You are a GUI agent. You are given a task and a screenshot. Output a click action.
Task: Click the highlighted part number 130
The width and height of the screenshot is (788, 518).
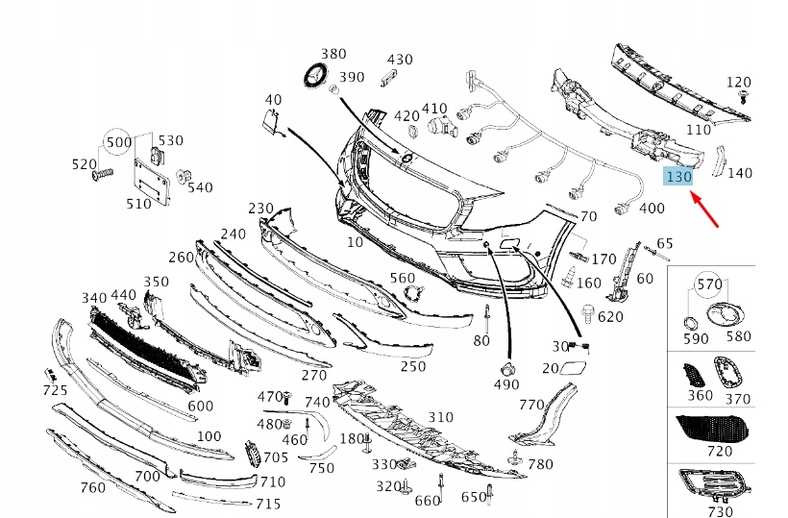tap(678, 177)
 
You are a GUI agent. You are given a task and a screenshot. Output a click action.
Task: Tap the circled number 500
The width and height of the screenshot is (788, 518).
tap(119, 142)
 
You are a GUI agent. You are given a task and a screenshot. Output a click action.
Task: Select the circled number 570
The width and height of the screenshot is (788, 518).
tap(708, 284)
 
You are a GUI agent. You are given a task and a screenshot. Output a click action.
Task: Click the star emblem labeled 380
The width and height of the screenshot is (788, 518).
tap(315, 79)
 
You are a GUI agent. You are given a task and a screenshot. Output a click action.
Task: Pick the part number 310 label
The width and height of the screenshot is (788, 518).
tap(440, 416)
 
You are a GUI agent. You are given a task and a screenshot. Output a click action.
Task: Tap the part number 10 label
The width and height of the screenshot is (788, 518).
tap(355, 241)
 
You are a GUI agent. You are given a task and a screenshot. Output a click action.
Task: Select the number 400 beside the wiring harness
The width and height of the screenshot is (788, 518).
tap(652, 208)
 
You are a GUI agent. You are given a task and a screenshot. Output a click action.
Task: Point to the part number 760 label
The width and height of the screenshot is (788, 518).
tap(92, 487)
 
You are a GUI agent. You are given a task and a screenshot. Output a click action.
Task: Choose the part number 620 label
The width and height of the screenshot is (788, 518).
tap(609, 316)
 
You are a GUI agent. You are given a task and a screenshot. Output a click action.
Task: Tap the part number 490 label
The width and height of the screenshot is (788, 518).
tap(505, 384)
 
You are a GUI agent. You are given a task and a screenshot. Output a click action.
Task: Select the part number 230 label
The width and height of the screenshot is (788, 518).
tap(260, 208)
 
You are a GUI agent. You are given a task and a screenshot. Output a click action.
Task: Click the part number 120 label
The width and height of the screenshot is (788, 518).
tap(738, 82)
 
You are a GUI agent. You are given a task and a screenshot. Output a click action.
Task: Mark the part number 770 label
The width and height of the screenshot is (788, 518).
tap(531, 405)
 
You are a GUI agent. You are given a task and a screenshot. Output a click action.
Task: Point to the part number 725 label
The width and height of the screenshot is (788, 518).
tap(55, 390)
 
